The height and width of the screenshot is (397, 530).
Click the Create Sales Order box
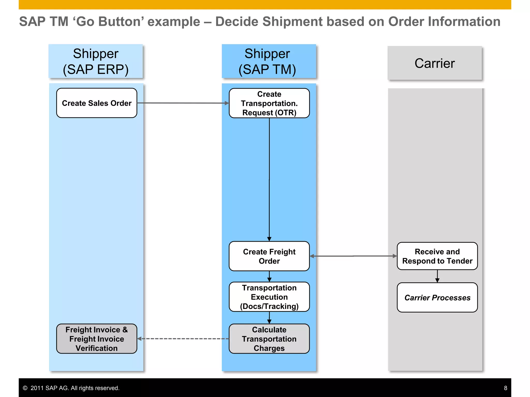pos(97,103)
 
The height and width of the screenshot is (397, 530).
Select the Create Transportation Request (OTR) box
pos(269,103)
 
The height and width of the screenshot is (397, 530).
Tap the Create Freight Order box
pos(269,256)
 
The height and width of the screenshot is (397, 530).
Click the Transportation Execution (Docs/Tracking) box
pos(269,297)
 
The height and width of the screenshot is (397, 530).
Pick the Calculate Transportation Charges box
pos(269,339)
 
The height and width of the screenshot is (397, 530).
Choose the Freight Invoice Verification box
pos(97,339)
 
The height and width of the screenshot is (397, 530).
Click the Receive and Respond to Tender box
pos(437,256)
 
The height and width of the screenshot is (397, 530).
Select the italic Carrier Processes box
pos(437,297)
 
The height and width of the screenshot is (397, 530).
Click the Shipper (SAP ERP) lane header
pos(96,61)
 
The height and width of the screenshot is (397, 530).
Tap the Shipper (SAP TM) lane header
pos(269,61)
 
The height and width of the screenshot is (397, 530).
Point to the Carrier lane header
pos(435,63)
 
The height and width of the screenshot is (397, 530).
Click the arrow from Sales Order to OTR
pos(183,103)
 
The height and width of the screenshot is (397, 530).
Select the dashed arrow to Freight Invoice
pos(183,339)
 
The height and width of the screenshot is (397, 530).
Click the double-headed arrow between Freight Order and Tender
pos(353,256)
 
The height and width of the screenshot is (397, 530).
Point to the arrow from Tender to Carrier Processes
pos(437,276)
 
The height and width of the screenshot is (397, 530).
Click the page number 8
pos(505,388)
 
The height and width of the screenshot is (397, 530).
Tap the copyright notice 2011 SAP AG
pos(71,388)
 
